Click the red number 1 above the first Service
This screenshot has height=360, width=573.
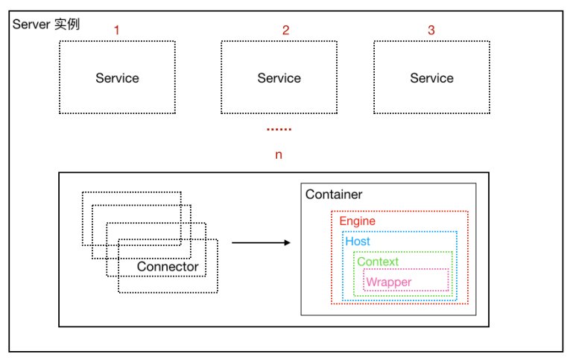click(116, 30)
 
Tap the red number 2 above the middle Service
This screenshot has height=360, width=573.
click(286, 30)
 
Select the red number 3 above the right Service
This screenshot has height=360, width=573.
click(431, 30)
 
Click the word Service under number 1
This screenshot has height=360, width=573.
click(117, 78)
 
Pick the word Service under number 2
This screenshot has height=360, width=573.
click(279, 78)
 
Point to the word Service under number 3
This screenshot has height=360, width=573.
click(431, 78)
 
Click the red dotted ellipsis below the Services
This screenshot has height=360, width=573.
click(279, 130)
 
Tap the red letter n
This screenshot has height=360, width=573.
click(279, 155)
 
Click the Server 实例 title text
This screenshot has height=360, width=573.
click(46, 24)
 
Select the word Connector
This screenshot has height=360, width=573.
click(168, 266)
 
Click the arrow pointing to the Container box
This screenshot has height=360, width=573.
click(261, 243)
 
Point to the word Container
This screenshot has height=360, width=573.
click(334, 195)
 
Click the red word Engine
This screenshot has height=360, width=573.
click(358, 221)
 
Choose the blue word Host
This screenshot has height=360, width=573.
click(358, 241)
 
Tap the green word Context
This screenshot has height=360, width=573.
click(378, 262)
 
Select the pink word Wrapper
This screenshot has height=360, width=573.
click(389, 282)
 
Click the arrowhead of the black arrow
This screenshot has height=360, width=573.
click(288, 243)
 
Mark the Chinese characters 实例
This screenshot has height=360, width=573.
click(67, 24)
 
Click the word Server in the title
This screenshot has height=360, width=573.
click(31, 25)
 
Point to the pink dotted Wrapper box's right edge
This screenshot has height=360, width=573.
click(449, 280)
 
